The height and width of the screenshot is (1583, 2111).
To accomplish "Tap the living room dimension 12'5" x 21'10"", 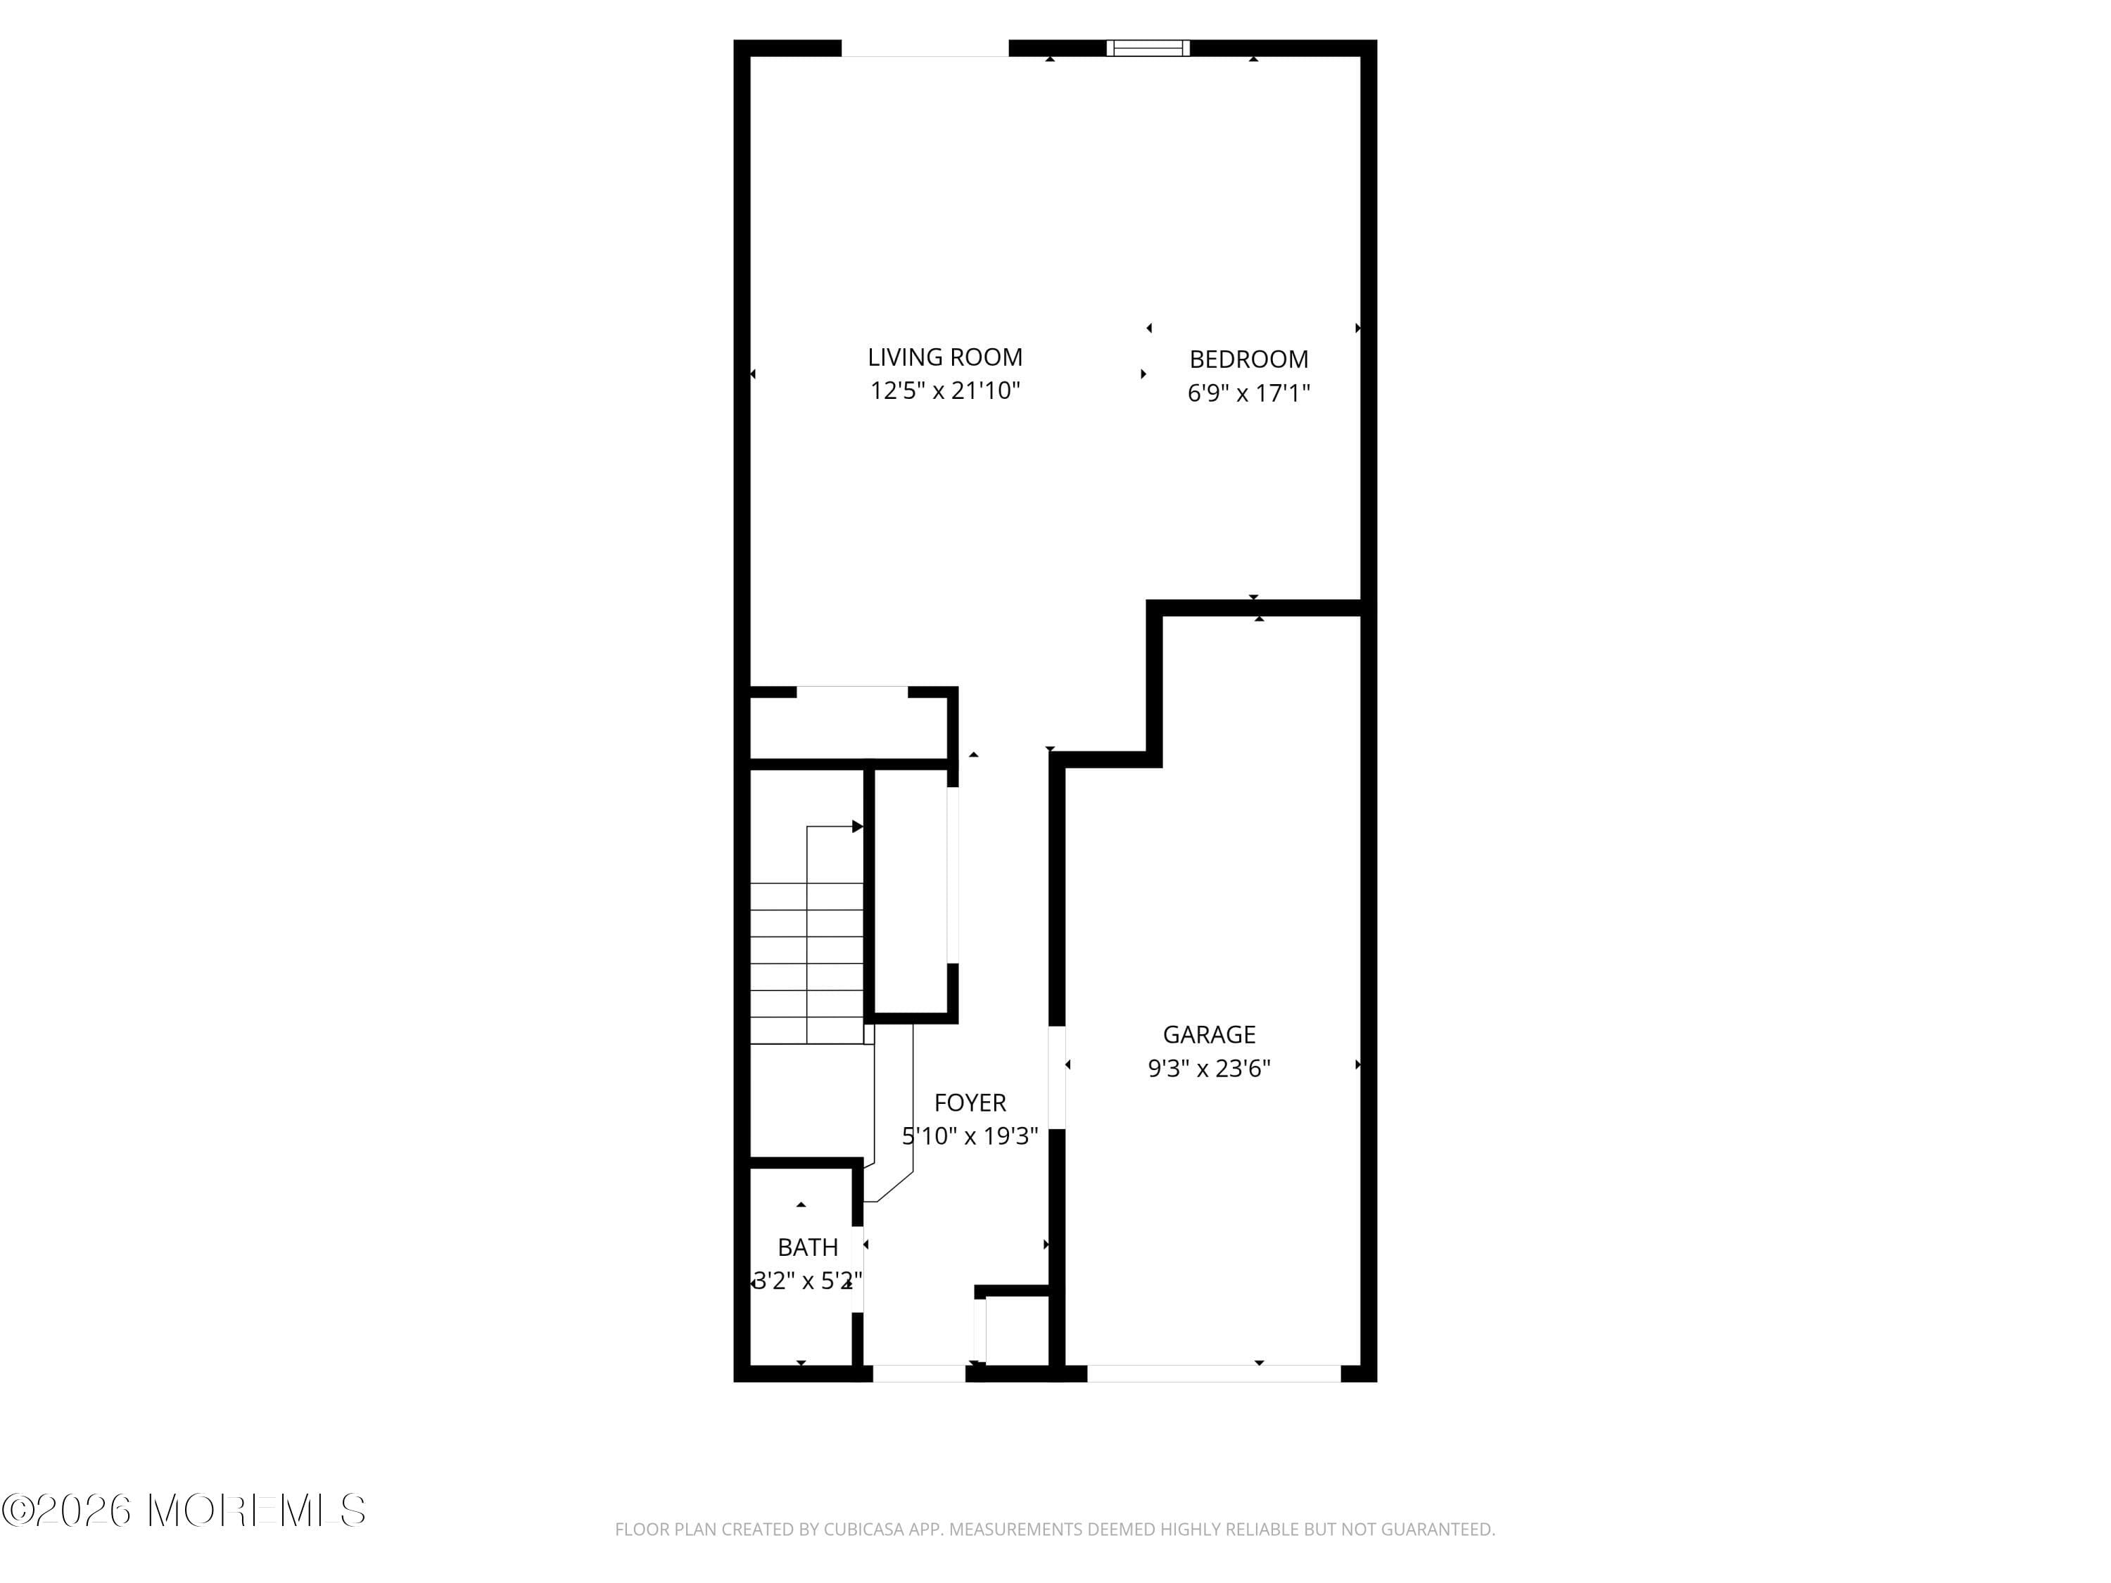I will (945, 390).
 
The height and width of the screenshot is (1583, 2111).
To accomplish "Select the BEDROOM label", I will (1248, 359).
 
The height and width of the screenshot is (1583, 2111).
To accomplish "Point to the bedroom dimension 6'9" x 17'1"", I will (1248, 393).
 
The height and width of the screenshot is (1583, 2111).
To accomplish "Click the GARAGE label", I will (1208, 1034).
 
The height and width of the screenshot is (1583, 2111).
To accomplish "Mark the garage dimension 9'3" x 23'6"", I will (1208, 1068).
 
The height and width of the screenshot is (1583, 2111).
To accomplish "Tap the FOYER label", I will (970, 1103).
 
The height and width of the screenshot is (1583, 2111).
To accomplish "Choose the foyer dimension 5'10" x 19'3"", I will (970, 1136).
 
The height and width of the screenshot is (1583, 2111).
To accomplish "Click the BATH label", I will (807, 1247).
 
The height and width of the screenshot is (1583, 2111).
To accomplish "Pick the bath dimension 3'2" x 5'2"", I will (807, 1280).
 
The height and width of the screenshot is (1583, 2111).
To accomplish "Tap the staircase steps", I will (806, 964).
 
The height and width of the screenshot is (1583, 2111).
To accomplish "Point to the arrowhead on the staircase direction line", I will (857, 827).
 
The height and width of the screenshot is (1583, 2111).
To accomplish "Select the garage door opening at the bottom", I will (1213, 1373).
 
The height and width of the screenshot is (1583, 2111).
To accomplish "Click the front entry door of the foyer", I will (919, 1373).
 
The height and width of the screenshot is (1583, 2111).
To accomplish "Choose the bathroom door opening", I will (857, 1269).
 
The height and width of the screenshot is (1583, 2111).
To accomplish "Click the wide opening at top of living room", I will (924, 49).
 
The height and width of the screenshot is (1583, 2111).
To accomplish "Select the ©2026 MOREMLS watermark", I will (183, 1510).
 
